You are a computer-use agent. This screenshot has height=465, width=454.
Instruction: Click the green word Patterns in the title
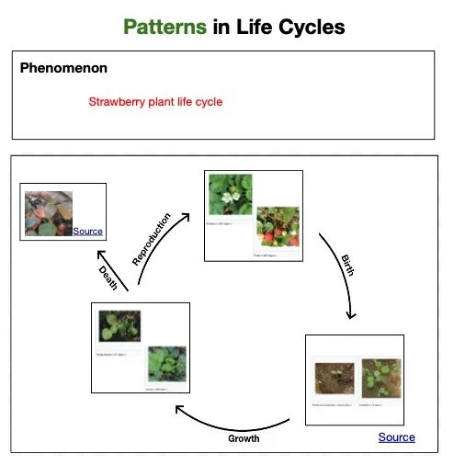coord(165,27)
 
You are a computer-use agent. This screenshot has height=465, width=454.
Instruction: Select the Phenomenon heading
coord(63,68)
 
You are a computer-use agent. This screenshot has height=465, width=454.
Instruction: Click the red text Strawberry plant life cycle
coord(155,102)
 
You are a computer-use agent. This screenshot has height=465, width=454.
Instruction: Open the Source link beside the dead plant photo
coord(88,231)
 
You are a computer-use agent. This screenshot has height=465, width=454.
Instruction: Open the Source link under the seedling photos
coord(396,437)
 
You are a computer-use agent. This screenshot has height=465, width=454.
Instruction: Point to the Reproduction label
coord(152,239)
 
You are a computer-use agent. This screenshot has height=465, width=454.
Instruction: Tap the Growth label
coord(244,438)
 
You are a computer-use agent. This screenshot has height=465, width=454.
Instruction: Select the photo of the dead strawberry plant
coord(49,212)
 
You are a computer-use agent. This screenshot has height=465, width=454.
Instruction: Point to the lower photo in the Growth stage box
coord(166,364)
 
